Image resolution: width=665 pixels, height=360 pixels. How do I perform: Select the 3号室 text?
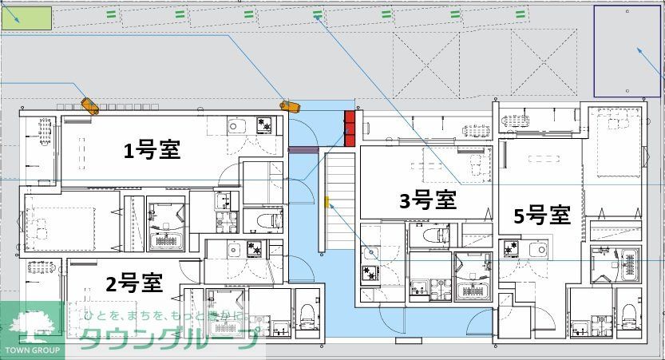427,200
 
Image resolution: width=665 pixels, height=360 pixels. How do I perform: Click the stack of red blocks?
349,128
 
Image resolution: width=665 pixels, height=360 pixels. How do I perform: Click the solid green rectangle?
26,18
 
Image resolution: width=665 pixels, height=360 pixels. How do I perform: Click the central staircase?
338,200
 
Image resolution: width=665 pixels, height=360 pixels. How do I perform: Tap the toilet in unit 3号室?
430,234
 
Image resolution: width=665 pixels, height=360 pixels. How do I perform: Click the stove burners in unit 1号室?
263,125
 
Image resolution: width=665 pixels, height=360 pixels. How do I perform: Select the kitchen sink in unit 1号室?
237,125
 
